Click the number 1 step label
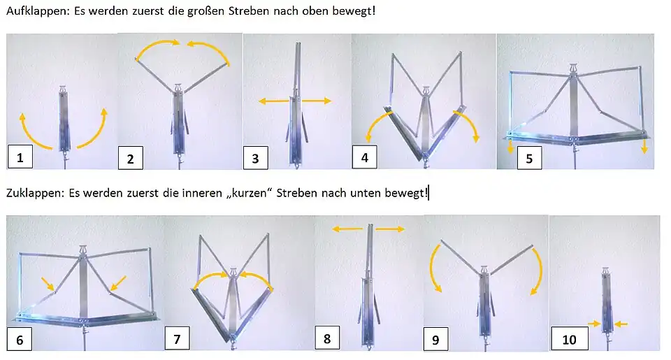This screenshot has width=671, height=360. tap(20, 157)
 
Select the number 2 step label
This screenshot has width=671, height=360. tap(130, 159)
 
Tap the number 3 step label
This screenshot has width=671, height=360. tap(256, 158)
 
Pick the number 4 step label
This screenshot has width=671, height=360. tap(364, 157)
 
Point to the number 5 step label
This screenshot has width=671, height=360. tap(529, 158)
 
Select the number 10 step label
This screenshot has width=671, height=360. tap(569, 340)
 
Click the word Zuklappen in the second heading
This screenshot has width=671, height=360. tap(32, 192)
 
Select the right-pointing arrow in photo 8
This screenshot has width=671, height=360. tap(391, 229)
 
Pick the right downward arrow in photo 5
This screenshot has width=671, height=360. tap(644, 145)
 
